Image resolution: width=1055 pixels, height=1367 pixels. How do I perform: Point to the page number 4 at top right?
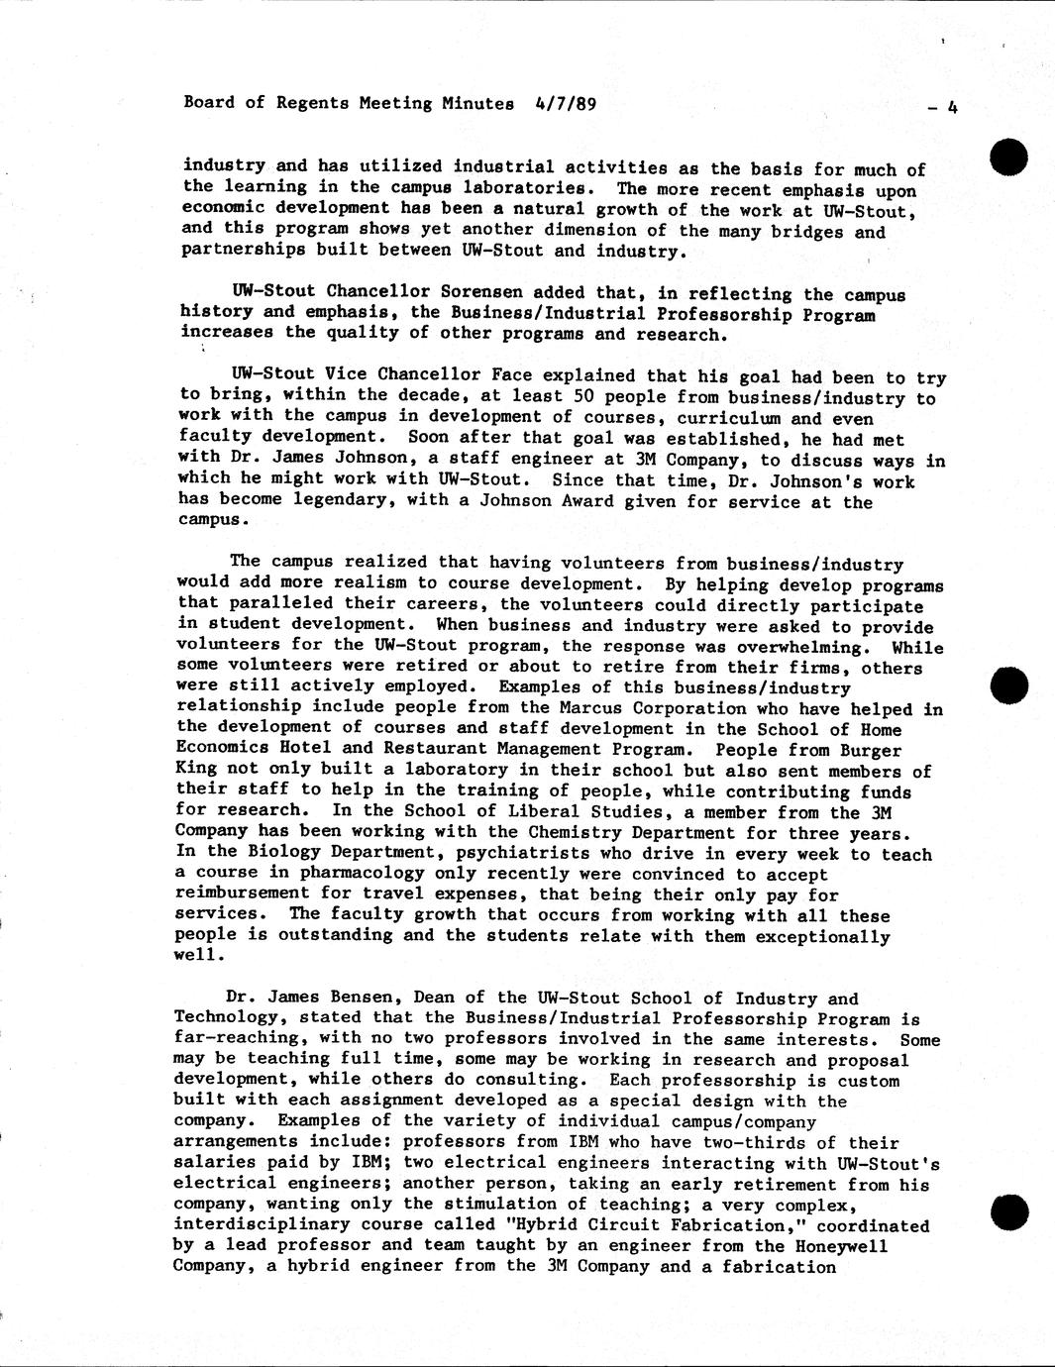click(952, 108)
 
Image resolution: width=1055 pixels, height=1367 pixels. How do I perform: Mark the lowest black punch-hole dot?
click(1009, 1211)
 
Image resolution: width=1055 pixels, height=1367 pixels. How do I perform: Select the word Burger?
click(871, 751)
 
